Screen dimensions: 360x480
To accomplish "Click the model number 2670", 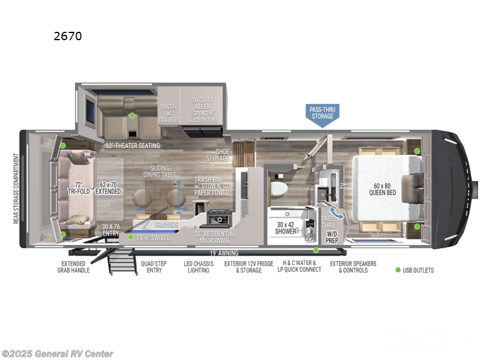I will [67, 36].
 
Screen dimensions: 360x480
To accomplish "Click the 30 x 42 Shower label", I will [286, 227].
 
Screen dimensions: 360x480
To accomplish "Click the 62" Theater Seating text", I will [133, 146].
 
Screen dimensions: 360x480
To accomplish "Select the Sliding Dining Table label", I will [157, 171].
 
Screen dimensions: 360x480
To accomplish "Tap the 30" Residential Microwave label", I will [214, 237].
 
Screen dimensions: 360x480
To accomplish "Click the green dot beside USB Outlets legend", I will [397, 270].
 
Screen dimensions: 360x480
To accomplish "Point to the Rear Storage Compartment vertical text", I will [15, 189].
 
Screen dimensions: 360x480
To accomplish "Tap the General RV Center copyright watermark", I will [57, 354].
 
